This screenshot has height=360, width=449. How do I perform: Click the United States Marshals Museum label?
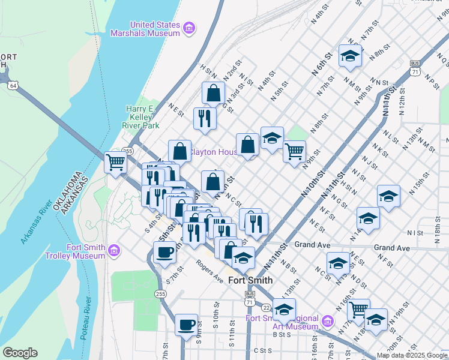(146, 29)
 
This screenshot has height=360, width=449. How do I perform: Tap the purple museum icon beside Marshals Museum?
(189, 28)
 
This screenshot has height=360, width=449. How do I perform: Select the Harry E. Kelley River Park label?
(142, 117)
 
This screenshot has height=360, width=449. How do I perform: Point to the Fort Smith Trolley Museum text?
(86, 252)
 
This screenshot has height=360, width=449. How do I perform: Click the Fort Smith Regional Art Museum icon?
(327, 321)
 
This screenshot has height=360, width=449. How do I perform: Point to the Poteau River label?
(86, 317)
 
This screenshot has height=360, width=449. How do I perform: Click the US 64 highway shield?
(13, 86)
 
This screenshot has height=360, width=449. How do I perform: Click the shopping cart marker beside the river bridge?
(115, 161)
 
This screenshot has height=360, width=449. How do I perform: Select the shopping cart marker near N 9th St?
(294, 151)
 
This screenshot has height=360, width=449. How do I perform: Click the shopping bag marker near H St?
(213, 93)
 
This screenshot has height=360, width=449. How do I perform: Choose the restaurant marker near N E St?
(205, 118)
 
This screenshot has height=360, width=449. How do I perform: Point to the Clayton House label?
(214, 152)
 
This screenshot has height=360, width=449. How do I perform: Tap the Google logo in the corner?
(20, 353)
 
